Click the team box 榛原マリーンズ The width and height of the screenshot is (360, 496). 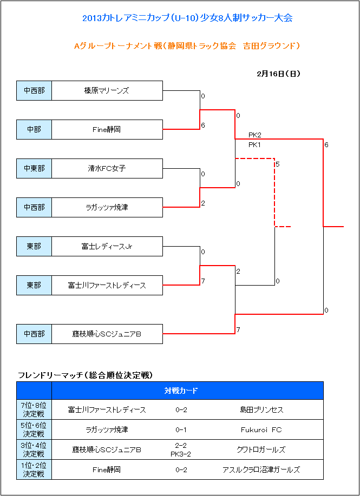tap(107, 91)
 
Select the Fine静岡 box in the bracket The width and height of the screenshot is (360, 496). tap(107, 129)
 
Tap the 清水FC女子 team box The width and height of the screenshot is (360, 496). tap(107, 168)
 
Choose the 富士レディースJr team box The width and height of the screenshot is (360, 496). tap(107, 247)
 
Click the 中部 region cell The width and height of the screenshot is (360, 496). tap(34, 129)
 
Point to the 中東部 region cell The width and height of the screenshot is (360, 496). tap(34, 168)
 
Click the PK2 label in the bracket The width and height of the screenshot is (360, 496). tap(255, 135)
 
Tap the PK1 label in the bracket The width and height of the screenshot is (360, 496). tap(255, 144)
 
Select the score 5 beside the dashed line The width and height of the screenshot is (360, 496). tap(278, 164)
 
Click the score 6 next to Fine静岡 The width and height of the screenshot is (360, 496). tap(203, 125)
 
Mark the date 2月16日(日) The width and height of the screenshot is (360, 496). tap(279, 74)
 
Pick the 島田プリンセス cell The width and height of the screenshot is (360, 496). tap(261, 410)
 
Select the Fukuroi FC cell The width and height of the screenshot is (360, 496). tap(261, 429)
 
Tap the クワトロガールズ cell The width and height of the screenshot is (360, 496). tap(261, 449)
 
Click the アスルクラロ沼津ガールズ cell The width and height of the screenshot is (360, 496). tap(261, 469)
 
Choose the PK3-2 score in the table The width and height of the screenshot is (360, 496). tap(181, 454)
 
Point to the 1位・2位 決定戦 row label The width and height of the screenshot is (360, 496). tap(34, 469)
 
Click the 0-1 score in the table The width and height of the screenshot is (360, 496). tap(181, 429)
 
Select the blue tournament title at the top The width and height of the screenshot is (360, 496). tap(187, 18)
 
